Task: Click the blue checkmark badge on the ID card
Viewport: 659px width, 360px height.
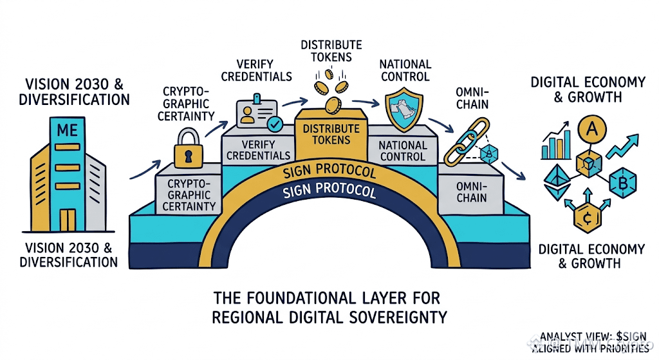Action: [x=275, y=122]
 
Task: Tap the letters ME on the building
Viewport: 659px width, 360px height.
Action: [x=67, y=130]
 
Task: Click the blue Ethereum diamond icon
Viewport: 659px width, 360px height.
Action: [x=554, y=182]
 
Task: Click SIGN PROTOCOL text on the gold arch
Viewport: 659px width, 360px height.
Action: [x=329, y=173]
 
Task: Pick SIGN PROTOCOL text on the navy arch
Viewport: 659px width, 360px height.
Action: [x=329, y=192]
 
